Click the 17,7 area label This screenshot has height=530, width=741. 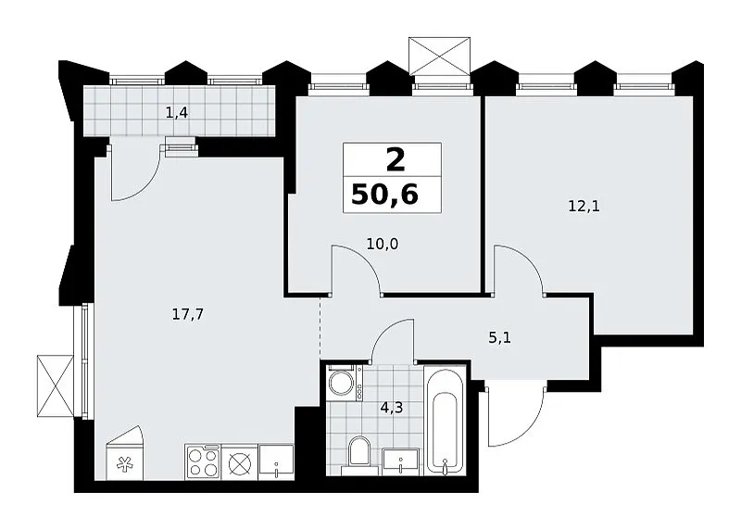[x=188, y=314]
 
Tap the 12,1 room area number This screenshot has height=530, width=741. [x=584, y=206]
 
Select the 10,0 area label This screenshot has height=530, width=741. [x=383, y=244]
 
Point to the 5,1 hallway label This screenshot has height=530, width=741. [x=500, y=338]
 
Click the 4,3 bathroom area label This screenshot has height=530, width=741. [x=392, y=407]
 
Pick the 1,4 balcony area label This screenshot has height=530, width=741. [x=177, y=112]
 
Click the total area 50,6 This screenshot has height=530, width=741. [x=384, y=194]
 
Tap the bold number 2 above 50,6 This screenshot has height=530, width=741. [x=396, y=159]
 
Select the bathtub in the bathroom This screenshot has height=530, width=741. [x=444, y=421]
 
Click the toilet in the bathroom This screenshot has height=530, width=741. [x=359, y=455]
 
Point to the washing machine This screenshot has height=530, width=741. [x=345, y=383]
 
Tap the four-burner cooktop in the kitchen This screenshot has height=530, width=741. [x=203, y=462]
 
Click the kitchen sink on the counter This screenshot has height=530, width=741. [x=276, y=462]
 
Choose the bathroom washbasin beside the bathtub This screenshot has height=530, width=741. [x=401, y=462]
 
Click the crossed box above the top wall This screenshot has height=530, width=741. [x=439, y=56]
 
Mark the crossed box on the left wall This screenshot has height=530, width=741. [x=56, y=386]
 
